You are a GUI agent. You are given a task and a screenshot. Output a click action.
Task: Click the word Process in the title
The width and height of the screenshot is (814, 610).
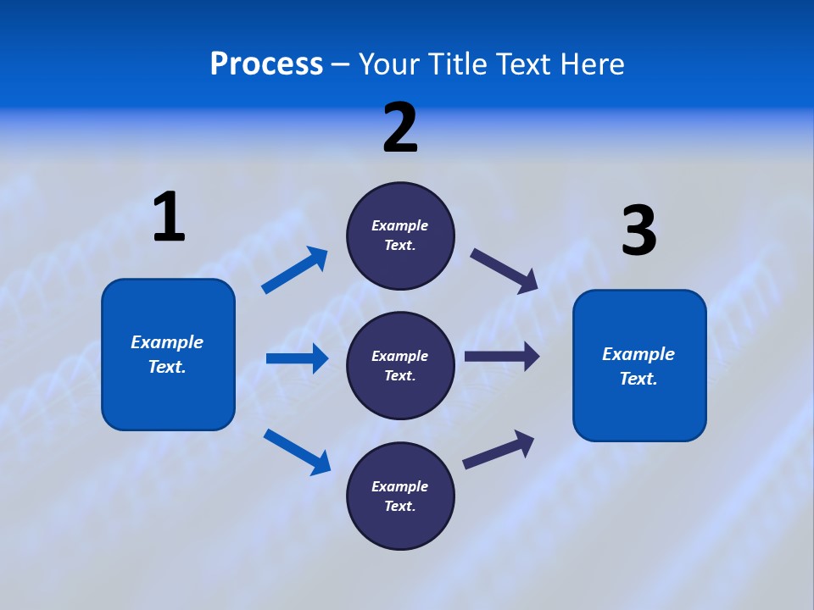266,64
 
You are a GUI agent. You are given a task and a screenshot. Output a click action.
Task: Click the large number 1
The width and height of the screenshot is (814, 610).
169,218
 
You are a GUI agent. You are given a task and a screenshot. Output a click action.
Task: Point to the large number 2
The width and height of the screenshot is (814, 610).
400,128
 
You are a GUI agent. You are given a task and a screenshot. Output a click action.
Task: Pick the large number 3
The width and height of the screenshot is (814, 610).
638,231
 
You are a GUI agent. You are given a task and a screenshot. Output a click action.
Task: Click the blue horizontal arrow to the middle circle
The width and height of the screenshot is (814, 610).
297,358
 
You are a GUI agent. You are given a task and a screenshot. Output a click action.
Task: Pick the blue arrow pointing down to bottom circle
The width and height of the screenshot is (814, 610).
298,452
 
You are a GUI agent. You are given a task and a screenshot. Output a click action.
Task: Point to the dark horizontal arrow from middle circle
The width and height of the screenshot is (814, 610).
502,356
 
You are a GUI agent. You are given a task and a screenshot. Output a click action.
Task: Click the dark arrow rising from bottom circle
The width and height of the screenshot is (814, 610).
499,449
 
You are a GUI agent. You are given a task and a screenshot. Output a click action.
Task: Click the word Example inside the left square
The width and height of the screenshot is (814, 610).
167,342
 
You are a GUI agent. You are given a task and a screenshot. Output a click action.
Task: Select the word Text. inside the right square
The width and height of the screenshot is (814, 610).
638,379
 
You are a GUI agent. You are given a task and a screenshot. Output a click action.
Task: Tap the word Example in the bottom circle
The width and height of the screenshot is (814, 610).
399,486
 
